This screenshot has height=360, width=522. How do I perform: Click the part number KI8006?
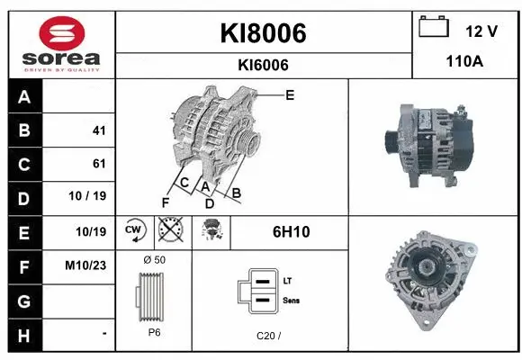coord(263,33)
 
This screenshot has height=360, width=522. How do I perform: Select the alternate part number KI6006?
coord(263,65)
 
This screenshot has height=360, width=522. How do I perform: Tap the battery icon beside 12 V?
coord(434,27)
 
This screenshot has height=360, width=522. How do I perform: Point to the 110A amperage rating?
coord(465,61)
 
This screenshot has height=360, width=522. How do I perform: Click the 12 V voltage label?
coord(481,31)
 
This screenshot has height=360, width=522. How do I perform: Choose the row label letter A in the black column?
coord(23,97)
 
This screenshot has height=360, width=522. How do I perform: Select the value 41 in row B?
coord(99,130)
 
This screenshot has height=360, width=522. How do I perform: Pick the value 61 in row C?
coord(99,164)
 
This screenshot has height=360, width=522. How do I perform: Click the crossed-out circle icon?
coord(169,231)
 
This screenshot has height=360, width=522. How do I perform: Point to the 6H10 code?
coord(291,232)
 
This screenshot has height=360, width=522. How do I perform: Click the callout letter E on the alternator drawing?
coord(289,94)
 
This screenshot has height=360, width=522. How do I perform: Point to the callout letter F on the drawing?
coord(165,202)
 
